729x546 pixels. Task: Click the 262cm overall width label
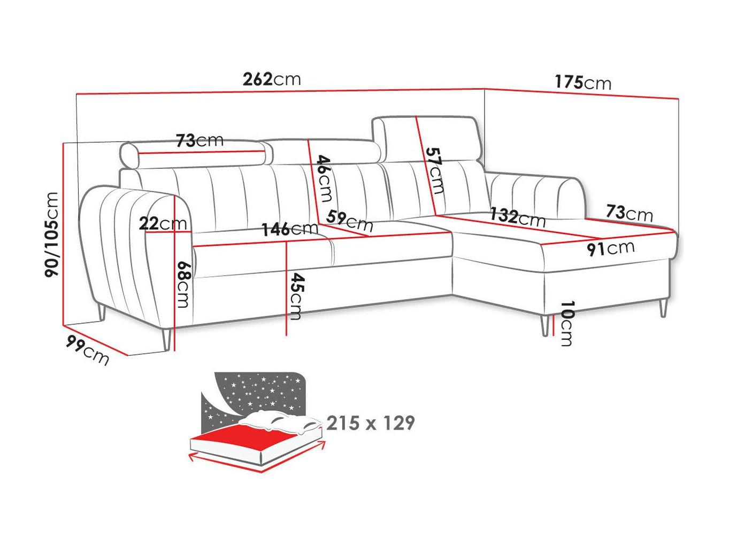pyautogui.click(x=271, y=79)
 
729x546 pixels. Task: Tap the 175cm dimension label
pyautogui.click(x=582, y=82)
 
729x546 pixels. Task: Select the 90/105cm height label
pyautogui.click(x=52, y=235)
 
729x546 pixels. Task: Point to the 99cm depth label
pyautogui.click(x=87, y=350)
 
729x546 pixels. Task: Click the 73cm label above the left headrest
pyautogui.click(x=199, y=141)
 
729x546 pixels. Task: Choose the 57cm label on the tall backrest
pyautogui.click(x=435, y=170)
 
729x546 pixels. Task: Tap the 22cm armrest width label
pyautogui.click(x=163, y=224)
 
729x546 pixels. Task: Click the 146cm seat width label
pyautogui.click(x=289, y=229)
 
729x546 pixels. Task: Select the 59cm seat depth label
pyautogui.click(x=349, y=221)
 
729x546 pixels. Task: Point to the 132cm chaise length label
pyautogui.click(x=518, y=217)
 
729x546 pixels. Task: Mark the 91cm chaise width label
pyautogui.click(x=610, y=248)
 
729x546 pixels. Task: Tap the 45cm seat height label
pyautogui.click(x=295, y=296)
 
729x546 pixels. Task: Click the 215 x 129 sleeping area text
pyautogui.click(x=370, y=423)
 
